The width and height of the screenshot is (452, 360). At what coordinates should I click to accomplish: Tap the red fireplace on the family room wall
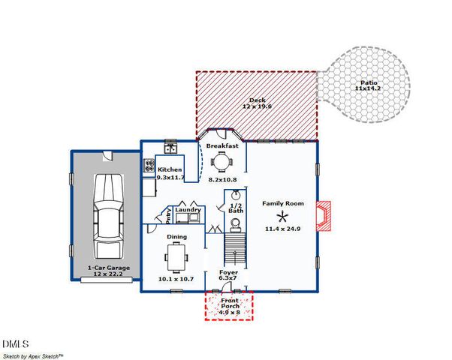point(322,216)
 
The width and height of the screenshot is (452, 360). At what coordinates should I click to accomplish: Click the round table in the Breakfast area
point(221,162)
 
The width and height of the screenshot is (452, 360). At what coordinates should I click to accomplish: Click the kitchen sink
point(170,143)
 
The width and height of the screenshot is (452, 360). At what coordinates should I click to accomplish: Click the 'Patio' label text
point(368,82)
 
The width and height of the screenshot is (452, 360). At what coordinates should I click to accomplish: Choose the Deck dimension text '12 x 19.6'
point(258,107)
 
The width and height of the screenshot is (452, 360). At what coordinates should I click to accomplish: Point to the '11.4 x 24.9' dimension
point(282,228)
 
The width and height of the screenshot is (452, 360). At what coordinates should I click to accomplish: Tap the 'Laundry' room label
point(188,211)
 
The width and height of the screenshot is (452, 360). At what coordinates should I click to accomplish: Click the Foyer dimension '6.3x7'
point(228,278)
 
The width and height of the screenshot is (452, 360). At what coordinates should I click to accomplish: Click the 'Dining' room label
point(176,237)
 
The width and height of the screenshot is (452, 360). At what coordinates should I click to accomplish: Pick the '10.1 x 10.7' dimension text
point(176,279)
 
